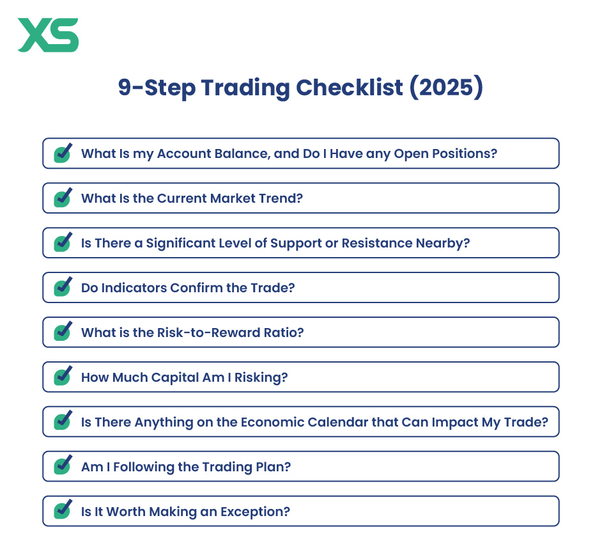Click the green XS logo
pos(48,35)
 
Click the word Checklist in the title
pos(350,88)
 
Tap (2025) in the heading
pos(446,88)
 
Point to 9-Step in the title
pos(157,88)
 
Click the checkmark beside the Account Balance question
pos(63,153)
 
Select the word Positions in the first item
pos(465,153)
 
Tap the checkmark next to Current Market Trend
pos(63,198)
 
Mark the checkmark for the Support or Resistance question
pos(63,242)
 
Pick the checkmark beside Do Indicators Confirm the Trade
pos(63,287)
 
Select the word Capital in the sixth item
pos(175,378)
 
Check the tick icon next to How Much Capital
pos(63,377)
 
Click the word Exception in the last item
pos(255,512)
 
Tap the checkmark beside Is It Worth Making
pos(63,510)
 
